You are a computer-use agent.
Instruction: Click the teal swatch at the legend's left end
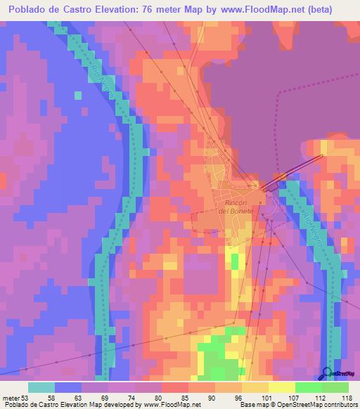click(41, 387)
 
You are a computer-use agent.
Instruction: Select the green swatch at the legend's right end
click(335, 387)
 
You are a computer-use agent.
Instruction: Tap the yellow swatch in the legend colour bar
click(281, 387)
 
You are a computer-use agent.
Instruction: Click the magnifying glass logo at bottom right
click(326, 373)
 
